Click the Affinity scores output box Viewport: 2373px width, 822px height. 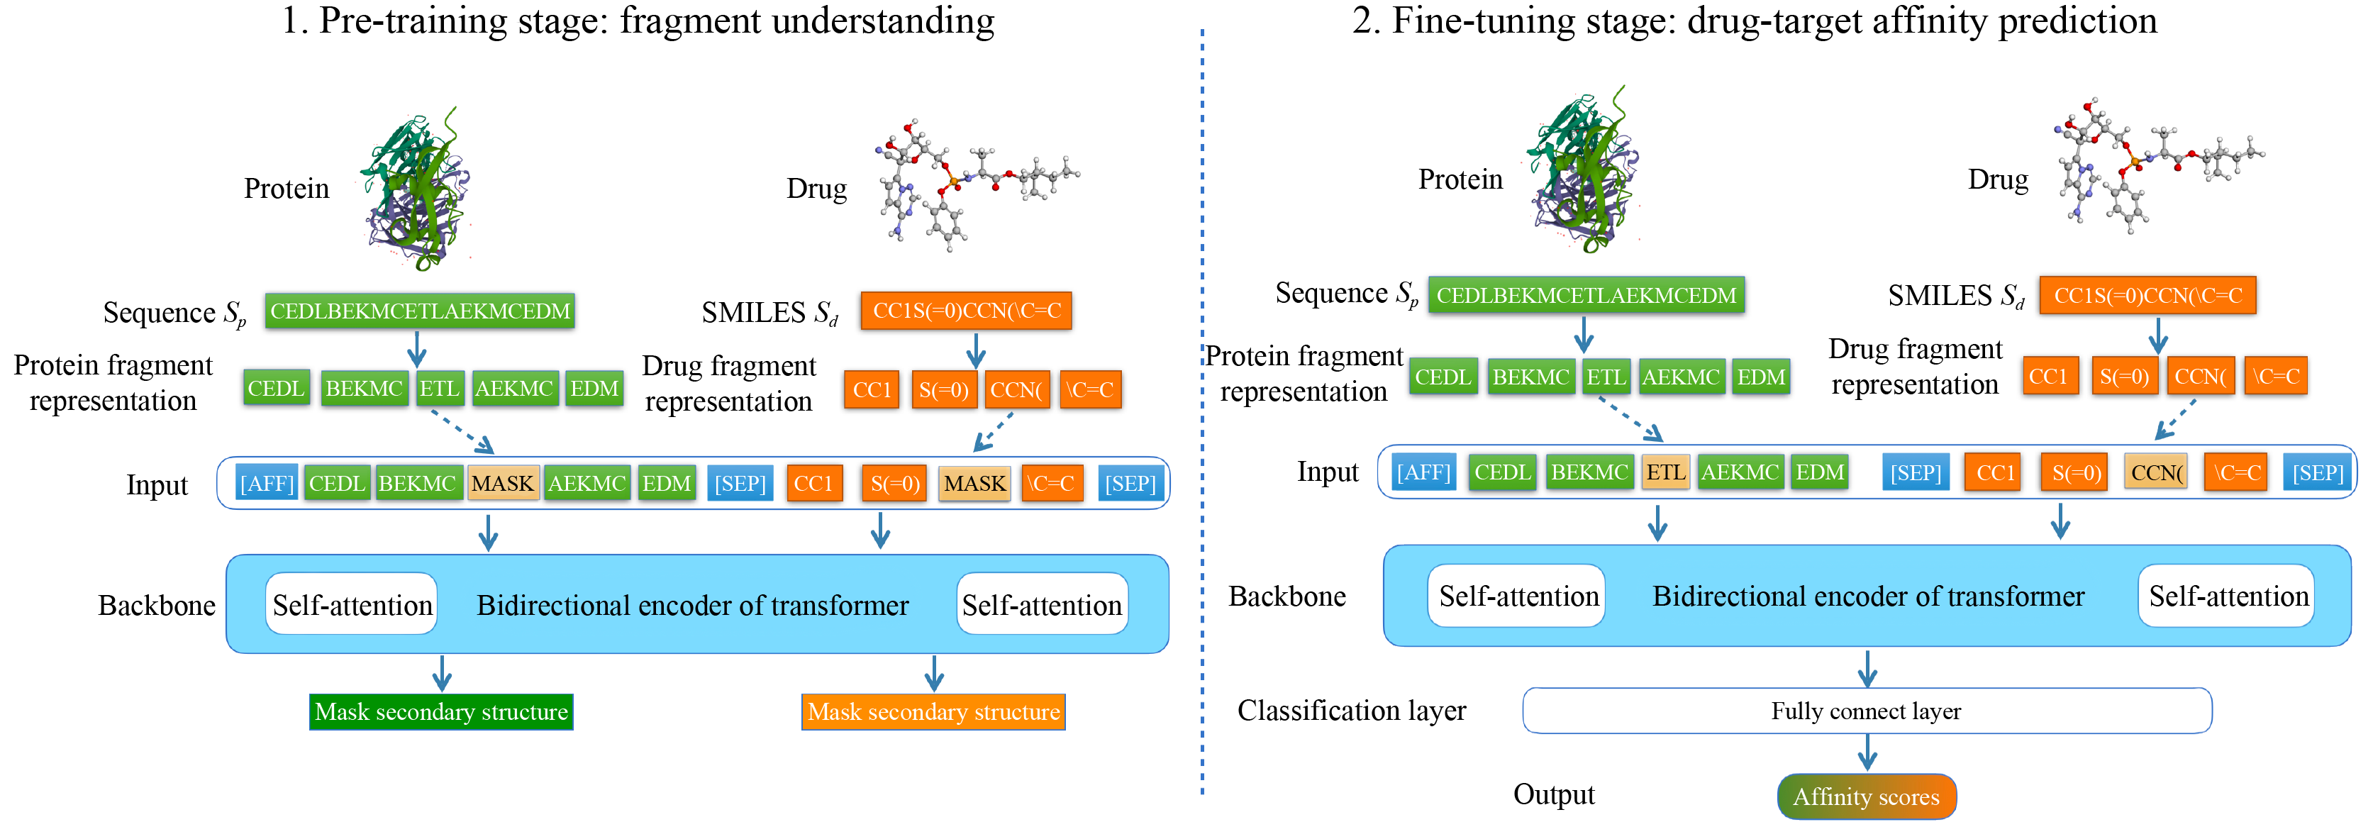(1867, 796)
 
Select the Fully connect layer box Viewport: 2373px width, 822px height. (1867, 711)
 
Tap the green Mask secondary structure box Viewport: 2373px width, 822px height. (441, 711)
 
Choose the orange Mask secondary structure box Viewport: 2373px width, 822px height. (933, 711)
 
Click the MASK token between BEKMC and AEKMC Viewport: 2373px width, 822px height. (503, 483)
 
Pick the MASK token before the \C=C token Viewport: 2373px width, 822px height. (974, 483)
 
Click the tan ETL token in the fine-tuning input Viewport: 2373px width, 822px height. (1665, 472)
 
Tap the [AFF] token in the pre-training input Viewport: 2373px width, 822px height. (266, 483)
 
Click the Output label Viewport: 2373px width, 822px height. (1553, 794)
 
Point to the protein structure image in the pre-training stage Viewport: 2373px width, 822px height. (417, 189)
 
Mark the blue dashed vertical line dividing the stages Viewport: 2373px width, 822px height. (1202, 415)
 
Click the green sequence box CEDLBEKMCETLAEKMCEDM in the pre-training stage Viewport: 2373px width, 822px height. (420, 311)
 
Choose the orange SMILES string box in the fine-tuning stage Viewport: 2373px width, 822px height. (2147, 296)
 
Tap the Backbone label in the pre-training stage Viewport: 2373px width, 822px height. (157, 606)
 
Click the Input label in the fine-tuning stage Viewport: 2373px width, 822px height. (1328, 472)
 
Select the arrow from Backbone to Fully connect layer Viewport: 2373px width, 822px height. (1867, 668)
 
